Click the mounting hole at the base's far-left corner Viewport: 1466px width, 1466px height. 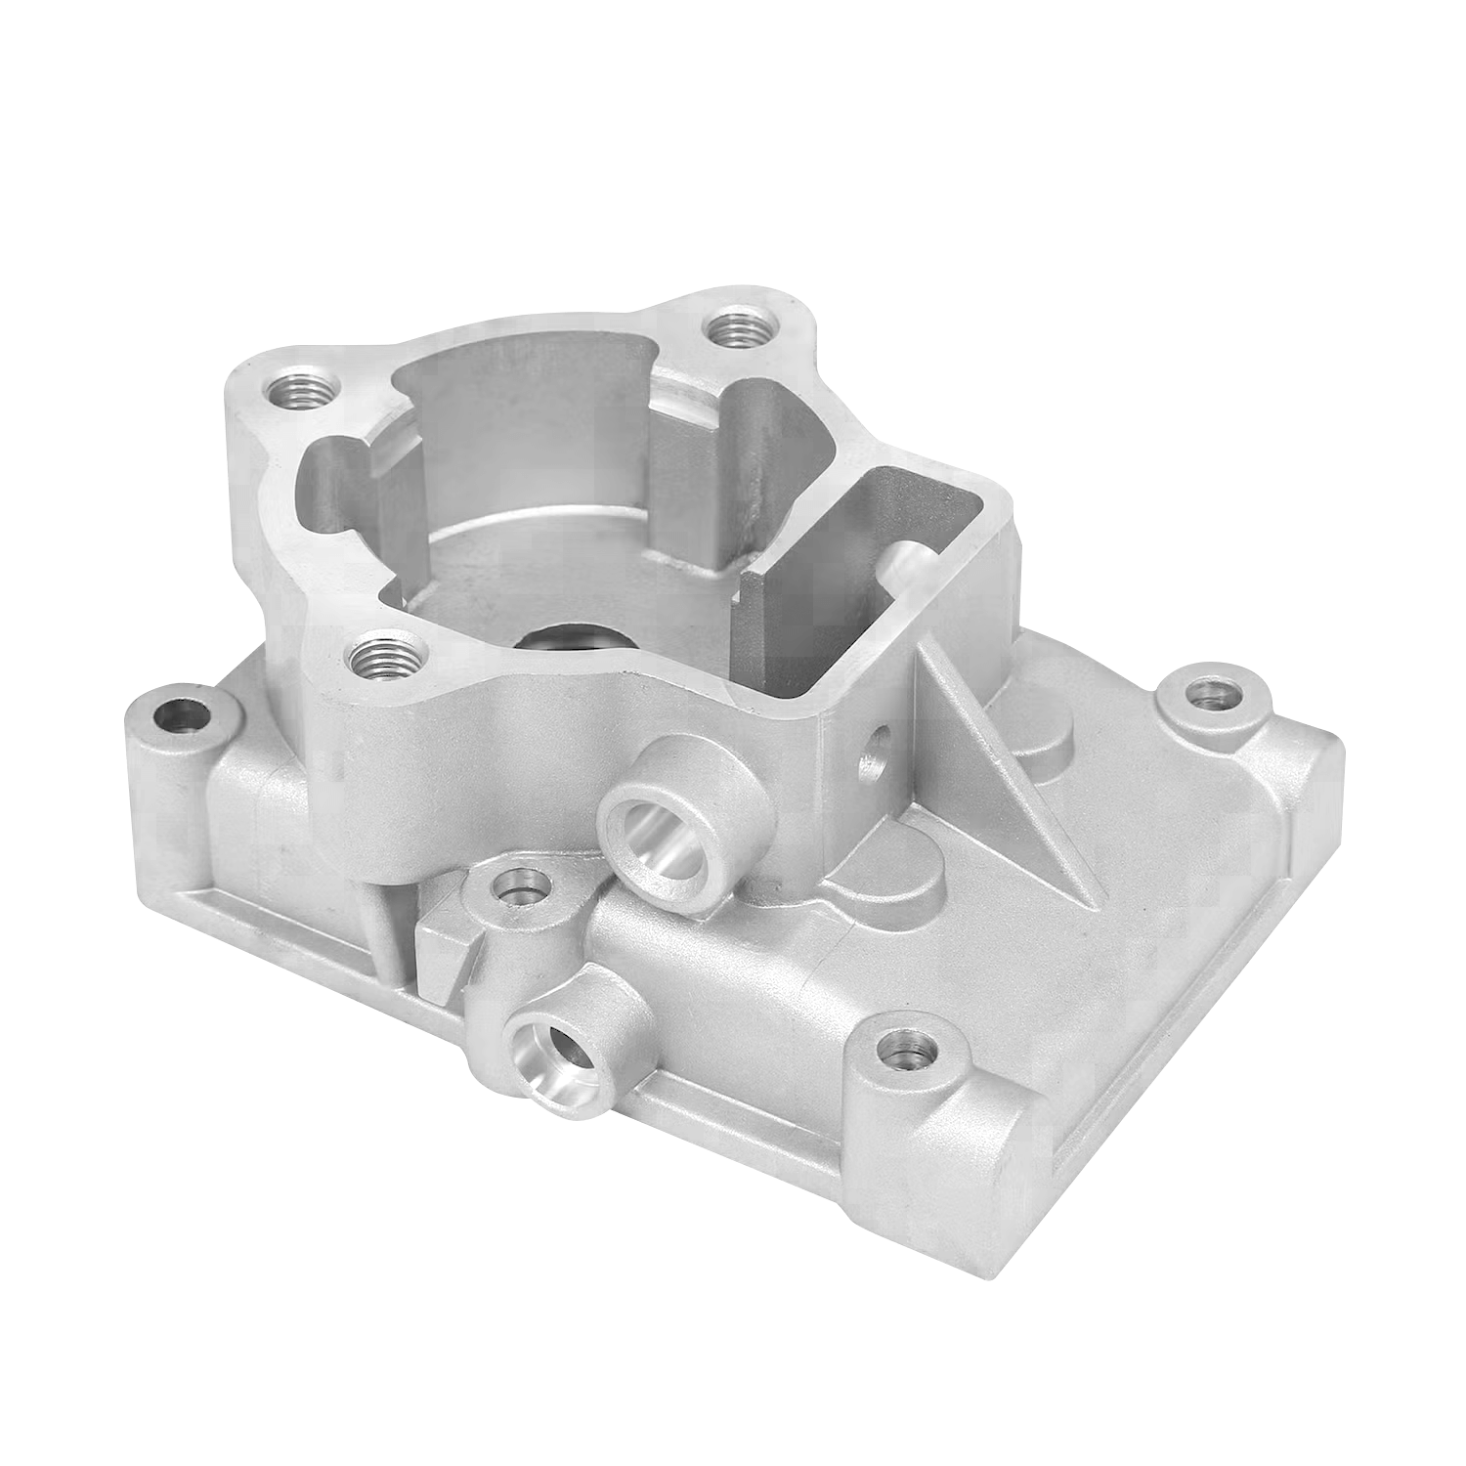pyautogui.click(x=179, y=717)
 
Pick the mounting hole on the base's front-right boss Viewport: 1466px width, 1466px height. pyautogui.click(x=907, y=1051)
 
